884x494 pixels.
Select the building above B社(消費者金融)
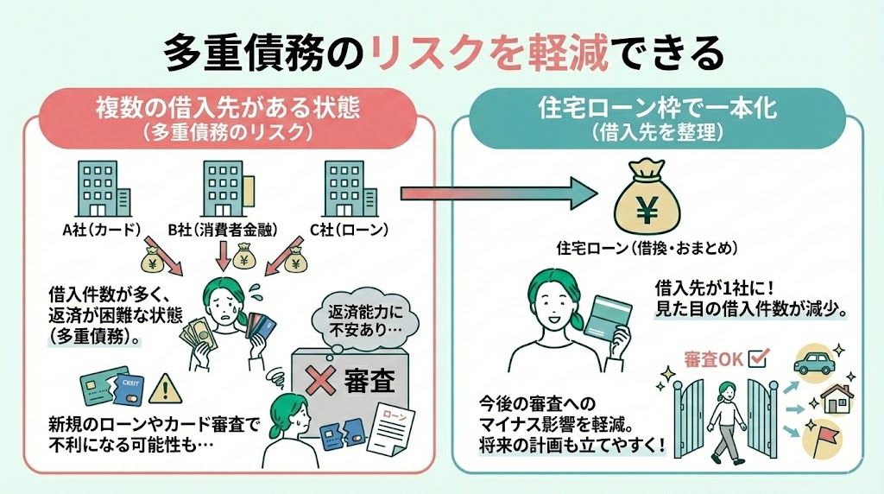(x=224, y=189)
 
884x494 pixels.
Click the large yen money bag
(x=645, y=198)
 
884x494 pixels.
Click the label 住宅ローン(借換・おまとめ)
(x=645, y=249)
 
